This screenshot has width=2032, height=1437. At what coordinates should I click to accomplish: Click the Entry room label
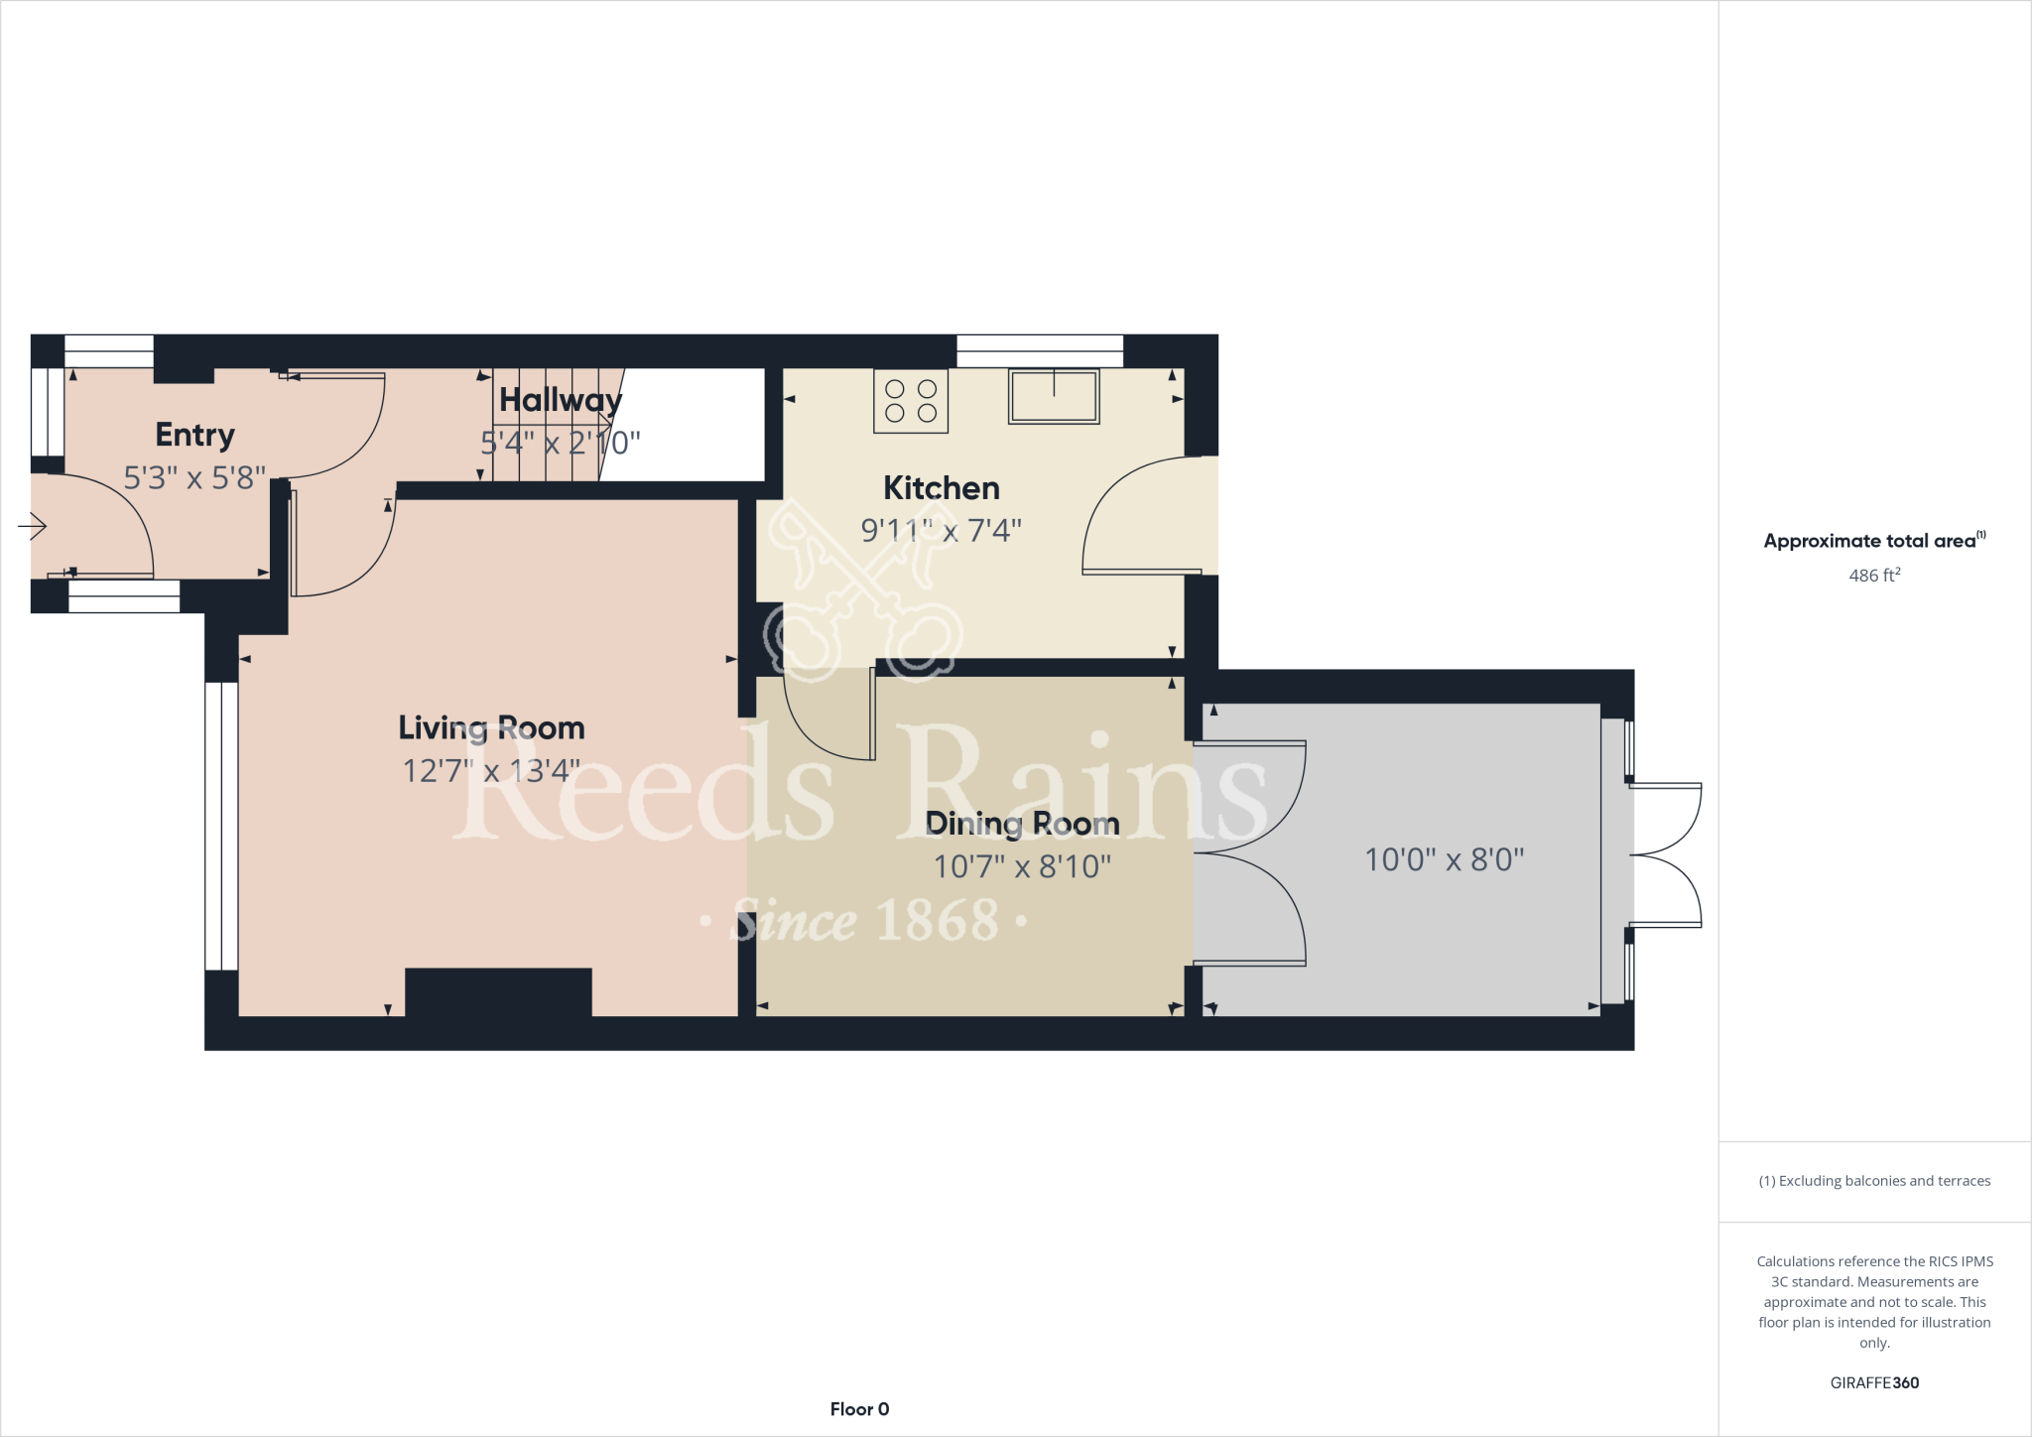point(194,435)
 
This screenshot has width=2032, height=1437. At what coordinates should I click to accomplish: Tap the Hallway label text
point(561,400)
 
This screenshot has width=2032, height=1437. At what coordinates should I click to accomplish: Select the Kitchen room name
point(941,488)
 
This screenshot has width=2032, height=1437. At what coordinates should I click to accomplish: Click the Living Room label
point(491,727)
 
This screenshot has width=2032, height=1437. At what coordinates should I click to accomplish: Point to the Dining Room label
point(1022,824)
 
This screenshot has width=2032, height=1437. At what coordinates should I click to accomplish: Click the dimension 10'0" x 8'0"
point(1444,859)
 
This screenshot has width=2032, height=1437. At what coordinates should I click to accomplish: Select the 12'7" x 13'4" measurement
point(491,771)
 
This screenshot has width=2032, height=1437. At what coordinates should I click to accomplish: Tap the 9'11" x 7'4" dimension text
point(941,531)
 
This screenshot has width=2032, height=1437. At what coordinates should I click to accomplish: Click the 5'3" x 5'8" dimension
point(194,478)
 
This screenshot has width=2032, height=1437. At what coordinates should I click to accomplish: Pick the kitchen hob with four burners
point(911,401)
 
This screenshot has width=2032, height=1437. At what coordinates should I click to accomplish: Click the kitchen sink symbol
point(1054,397)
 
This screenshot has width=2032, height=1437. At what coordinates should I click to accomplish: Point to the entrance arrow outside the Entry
point(33,526)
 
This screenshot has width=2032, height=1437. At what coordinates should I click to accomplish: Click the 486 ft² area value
point(1874,576)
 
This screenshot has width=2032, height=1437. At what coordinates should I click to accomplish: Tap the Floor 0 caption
point(859,1409)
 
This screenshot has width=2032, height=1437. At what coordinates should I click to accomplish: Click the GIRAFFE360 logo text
point(1874,1382)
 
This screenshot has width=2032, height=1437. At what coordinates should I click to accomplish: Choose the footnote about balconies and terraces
point(1874,1181)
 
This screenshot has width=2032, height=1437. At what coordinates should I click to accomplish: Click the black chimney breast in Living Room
point(498,992)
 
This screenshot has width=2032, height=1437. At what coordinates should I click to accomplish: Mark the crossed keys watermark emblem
point(858,590)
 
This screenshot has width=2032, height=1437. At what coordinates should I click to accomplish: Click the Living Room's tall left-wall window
point(221,826)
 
